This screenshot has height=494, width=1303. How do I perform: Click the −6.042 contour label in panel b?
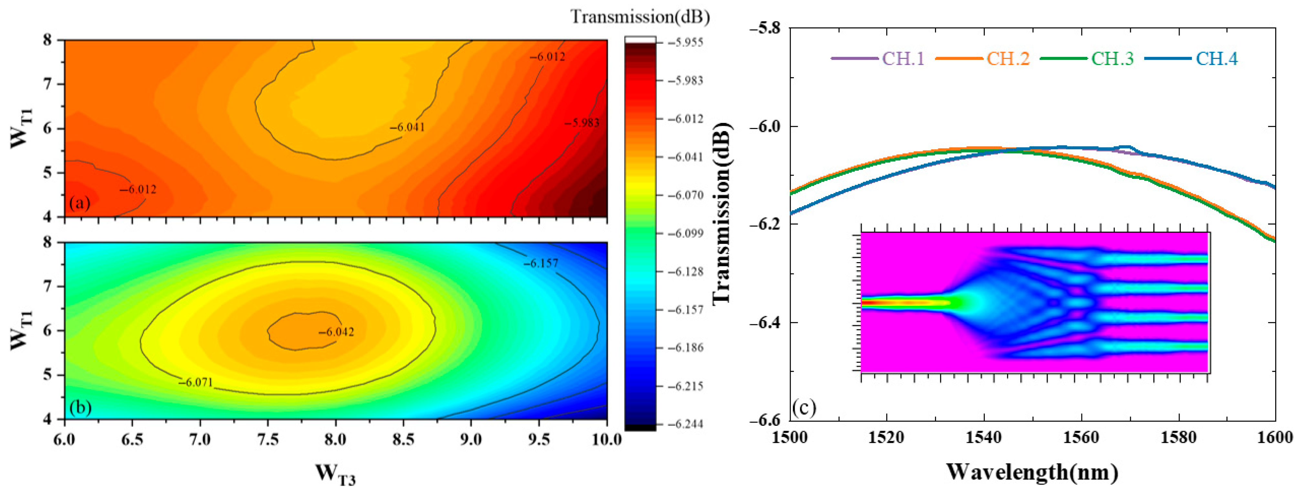[x=336, y=332]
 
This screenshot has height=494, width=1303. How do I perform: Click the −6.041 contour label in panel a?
[x=407, y=127]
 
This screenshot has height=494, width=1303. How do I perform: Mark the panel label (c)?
[x=804, y=407]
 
